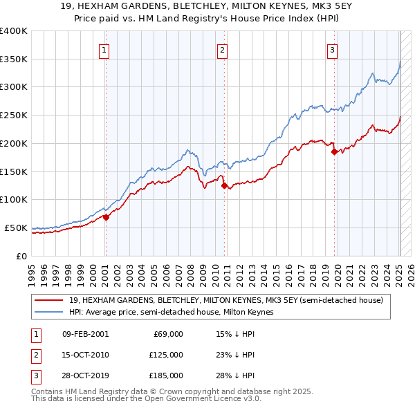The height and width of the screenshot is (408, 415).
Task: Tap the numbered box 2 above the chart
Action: tap(222, 50)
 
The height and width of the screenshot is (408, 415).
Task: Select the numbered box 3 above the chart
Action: tap(333, 50)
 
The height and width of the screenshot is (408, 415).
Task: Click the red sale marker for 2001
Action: tap(106, 217)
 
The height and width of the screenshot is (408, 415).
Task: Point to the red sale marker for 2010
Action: tap(224, 185)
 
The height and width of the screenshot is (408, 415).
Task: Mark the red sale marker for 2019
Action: tap(335, 151)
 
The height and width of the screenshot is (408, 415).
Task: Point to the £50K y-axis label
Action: tap(16, 228)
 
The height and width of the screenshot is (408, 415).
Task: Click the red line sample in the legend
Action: tap(49, 300)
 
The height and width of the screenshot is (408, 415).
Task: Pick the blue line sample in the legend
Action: tap(49, 312)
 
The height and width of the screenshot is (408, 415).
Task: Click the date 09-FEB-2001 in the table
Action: tap(85, 334)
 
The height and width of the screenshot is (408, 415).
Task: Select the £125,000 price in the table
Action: tap(167, 355)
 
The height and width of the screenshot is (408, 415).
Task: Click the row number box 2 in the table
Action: tap(34, 355)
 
